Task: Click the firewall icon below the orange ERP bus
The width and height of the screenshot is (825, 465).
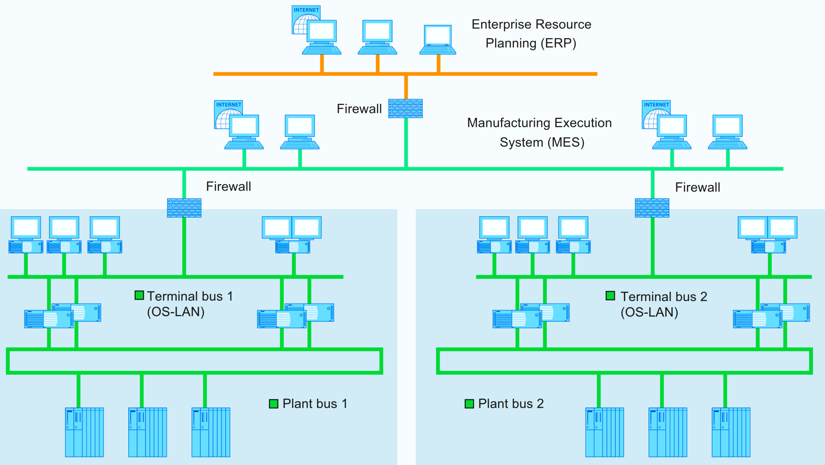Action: click(x=405, y=109)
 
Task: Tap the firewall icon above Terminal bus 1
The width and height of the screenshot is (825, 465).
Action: click(x=184, y=208)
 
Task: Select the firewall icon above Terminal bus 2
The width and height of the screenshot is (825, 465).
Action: click(x=652, y=208)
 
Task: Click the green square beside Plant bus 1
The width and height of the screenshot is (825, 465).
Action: click(x=273, y=403)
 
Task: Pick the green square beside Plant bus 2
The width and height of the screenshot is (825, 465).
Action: click(x=469, y=403)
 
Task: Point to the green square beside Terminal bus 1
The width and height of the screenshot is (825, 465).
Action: click(x=139, y=295)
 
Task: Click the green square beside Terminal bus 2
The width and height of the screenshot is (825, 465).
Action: click(x=610, y=295)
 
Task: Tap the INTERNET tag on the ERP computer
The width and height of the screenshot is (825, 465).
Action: click(x=306, y=10)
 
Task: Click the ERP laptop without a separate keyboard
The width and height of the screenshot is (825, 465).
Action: click(x=438, y=40)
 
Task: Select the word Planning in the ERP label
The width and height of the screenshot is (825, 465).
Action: click(x=511, y=43)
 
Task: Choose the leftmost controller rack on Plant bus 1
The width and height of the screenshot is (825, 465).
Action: click(x=84, y=432)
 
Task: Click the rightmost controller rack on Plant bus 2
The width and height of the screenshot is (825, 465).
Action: click(x=731, y=432)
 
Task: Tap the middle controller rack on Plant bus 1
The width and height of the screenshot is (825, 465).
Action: click(x=148, y=432)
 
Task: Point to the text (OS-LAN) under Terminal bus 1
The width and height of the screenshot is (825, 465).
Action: click(x=176, y=312)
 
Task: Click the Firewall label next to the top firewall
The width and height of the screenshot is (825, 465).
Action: click(x=359, y=109)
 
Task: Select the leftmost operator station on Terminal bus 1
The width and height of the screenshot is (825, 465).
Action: click(x=26, y=234)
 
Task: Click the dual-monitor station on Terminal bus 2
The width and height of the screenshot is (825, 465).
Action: click(x=768, y=234)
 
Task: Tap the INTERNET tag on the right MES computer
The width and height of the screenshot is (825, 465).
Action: click(x=656, y=105)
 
